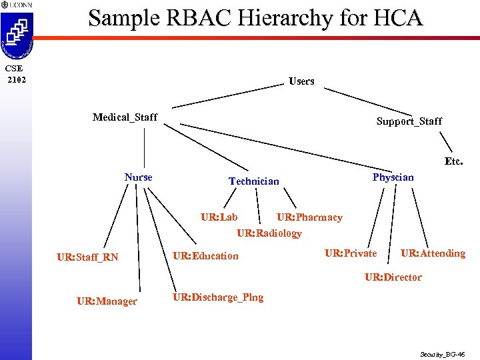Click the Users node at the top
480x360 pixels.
[x=301, y=81]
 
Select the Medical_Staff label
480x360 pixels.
[x=125, y=117]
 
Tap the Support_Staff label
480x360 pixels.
[x=409, y=121]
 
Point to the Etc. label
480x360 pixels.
[x=453, y=161]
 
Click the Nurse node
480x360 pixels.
[x=138, y=177]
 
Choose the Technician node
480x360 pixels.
[x=253, y=181]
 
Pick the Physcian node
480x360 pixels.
[x=393, y=177]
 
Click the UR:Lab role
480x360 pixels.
[x=219, y=217]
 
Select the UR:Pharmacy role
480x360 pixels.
[x=309, y=217]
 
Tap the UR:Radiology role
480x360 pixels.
[x=269, y=233]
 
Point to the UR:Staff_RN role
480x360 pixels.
[x=87, y=257]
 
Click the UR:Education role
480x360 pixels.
[x=205, y=256]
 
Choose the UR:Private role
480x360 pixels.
[x=350, y=253]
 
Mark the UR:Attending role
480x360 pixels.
[x=433, y=253]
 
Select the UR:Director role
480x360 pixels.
[x=393, y=277]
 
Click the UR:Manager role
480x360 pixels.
[x=107, y=301]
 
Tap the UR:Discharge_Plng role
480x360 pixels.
[x=218, y=297]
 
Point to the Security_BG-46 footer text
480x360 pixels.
[x=442, y=355]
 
